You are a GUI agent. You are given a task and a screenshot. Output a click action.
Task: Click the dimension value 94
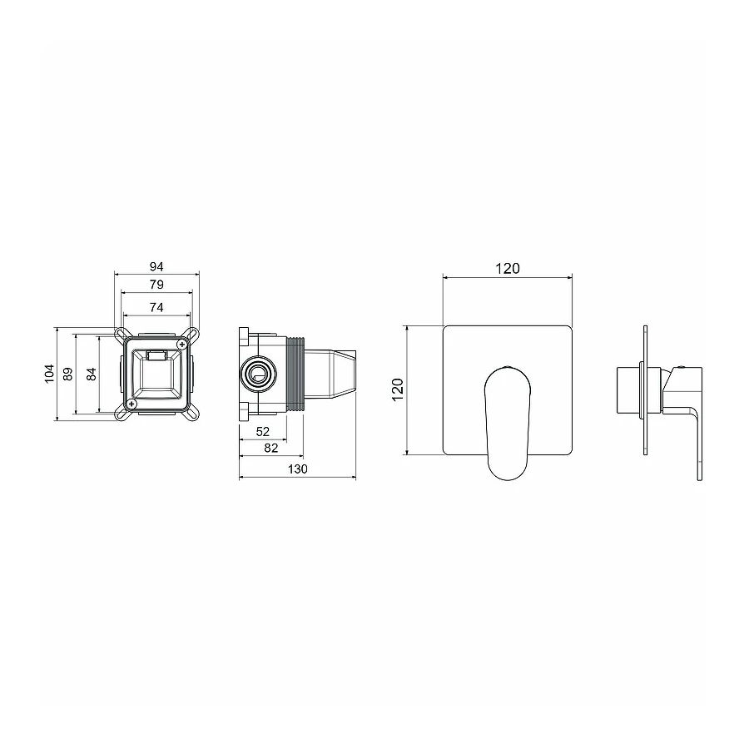[x=156, y=266]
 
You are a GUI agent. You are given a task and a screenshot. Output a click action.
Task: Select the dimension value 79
[x=156, y=285]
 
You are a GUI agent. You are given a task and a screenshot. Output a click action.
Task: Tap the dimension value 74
[x=156, y=308]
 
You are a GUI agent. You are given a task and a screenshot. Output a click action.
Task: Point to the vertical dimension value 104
[x=49, y=373]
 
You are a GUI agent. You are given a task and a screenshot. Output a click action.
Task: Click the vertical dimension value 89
[x=68, y=374]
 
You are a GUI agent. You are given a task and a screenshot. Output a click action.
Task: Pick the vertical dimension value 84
[x=92, y=374]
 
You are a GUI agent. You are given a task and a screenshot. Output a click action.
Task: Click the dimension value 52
[x=263, y=432]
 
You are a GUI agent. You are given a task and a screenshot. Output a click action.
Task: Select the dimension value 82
[x=270, y=448]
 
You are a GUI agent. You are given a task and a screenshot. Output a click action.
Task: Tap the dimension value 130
[x=298, y=469]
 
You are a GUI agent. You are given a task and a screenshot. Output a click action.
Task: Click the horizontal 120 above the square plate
[x=508, y=269]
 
